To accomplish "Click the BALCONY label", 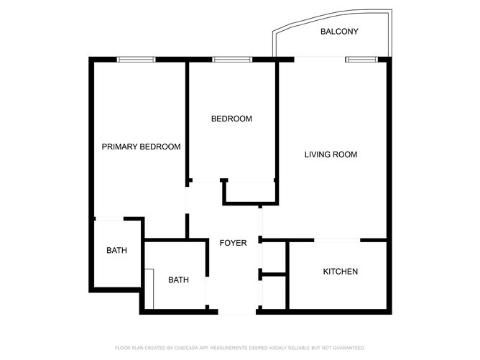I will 339,32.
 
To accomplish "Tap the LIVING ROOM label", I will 331,154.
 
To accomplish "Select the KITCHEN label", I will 340,272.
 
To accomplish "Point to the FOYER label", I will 233,243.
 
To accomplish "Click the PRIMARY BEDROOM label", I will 141,147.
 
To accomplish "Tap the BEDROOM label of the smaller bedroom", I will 231,119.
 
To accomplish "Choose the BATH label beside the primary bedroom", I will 116,251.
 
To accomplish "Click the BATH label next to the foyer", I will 178,280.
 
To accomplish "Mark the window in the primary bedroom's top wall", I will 137,59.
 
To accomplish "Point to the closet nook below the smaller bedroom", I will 249,192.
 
